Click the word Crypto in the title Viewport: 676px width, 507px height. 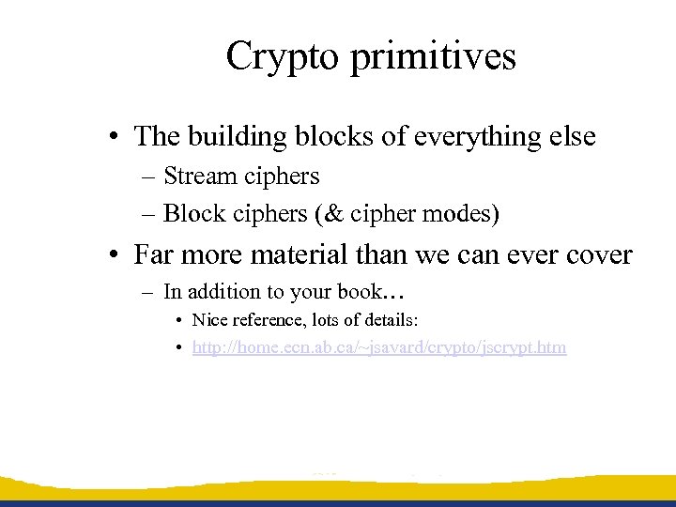(283, 57)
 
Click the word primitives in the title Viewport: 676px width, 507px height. (433, 57)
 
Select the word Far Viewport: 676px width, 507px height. (154, 254)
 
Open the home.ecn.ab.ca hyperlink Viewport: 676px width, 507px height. (379, 347)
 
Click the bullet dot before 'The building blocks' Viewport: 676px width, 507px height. (112, 138)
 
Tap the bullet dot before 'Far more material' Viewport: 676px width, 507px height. (112, 255)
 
